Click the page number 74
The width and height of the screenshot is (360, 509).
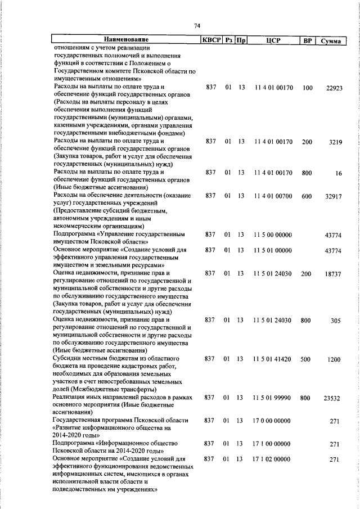point(197,26)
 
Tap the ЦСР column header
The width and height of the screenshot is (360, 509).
point(273,40)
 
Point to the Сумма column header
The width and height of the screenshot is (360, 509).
point(330,40)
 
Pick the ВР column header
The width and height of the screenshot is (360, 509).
point(307,40)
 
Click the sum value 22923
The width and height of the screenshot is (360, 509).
point(334,88)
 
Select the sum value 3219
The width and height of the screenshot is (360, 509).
point(335,142)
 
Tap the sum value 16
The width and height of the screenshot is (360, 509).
point(338,174)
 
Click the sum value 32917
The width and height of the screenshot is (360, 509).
point(334,196)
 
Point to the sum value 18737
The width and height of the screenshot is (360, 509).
point(334,274)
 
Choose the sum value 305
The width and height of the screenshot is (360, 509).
point(336,321)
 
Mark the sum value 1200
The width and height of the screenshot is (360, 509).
point(335,359)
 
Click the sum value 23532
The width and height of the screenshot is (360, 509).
point(334,398)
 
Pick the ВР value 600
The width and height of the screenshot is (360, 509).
point(307,196)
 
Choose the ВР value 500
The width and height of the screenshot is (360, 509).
point(306,359)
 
